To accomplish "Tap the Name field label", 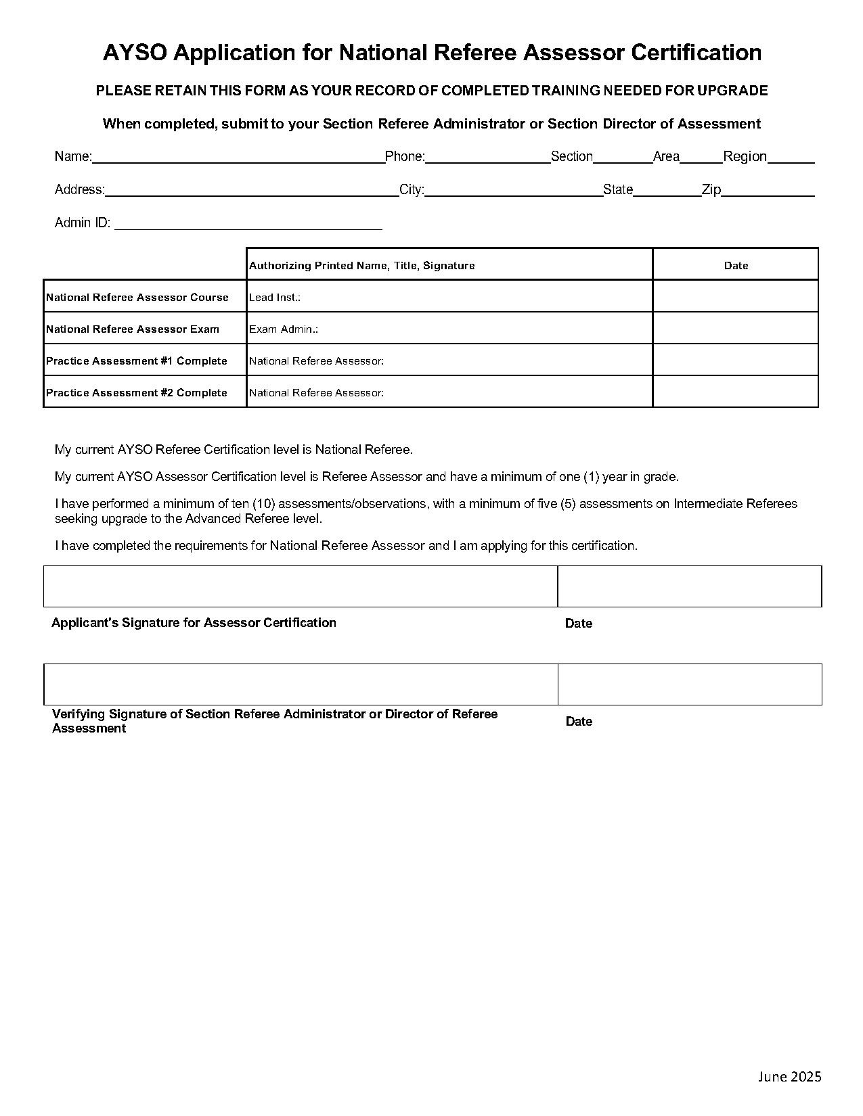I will coord(72,157).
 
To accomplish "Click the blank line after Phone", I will coord(487,158).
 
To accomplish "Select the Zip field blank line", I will coord(768,191).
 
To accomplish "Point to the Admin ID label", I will coord(82,223).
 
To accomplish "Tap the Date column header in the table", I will coord(736,266).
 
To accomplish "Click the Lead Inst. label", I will coord(275,298).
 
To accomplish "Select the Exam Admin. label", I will coord(284,329).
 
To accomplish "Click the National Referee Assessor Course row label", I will coord(137,298).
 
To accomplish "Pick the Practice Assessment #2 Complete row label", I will coord(137,393).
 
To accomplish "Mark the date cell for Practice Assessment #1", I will coord(736,360).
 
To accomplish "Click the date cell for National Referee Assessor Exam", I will coord(736,328).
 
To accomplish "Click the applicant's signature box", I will coord(301,586).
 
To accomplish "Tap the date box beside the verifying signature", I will coord(690,684).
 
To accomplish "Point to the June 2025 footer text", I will coord(789,1076).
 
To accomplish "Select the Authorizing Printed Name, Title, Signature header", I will coord(362,266).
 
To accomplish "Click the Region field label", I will coord(745,157).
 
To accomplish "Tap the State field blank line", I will coord(667,191).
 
